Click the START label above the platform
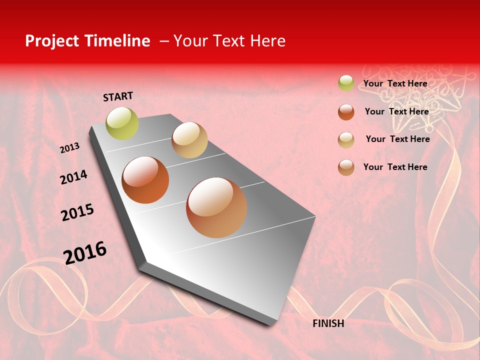(118, 96)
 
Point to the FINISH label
(328, 323)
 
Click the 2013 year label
(69, 148)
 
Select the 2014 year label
(73, 177)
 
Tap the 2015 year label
(77, 212)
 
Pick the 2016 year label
(85, 252)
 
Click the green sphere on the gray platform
(122, 123)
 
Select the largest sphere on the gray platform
(216, 207)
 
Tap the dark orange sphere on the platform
(145, 180)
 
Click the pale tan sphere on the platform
(189, 140)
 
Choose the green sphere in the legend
(346, 83)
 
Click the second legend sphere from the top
(346, 112)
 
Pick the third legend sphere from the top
(346, 140)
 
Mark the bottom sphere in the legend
(346, 167)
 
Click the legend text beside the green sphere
(395, 83)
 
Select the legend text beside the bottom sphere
(395, 167)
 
